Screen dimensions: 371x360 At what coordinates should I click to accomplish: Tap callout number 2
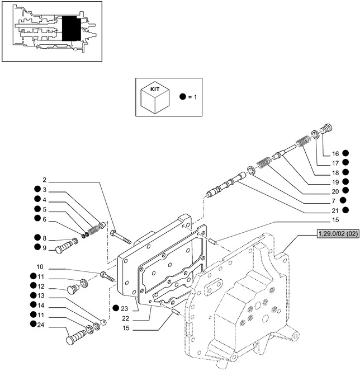pos(44,181)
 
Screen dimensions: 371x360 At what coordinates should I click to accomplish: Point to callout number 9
pos(44,247)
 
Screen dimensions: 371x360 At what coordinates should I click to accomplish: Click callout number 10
pos(40,267)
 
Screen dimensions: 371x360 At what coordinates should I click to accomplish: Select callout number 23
pos(124,308)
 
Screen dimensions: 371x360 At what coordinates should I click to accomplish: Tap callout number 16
pos(335,153)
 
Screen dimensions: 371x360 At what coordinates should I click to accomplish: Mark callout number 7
pos(333,201)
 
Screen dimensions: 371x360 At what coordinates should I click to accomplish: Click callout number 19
pos(335,181)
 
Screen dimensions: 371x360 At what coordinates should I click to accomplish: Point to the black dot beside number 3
pos(35,190)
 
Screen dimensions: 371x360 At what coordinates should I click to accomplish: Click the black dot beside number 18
pos(346,172)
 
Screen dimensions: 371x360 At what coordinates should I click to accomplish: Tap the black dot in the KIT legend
pos(182,97)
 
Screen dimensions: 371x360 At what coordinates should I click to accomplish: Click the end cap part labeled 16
pos(328,128)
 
